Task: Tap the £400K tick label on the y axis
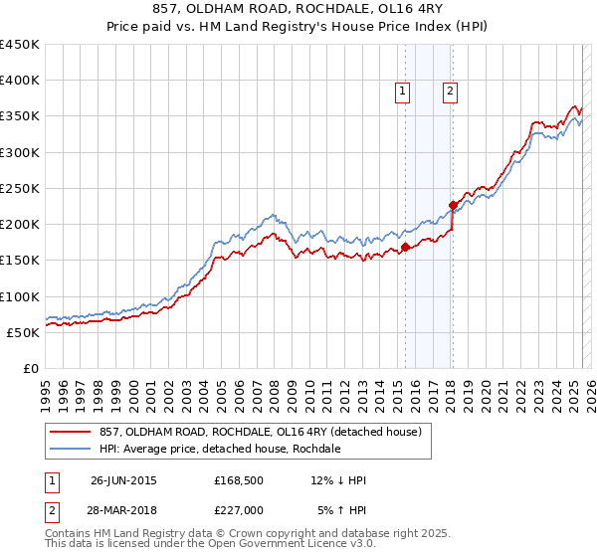(19, 81)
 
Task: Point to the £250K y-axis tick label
(19, 188)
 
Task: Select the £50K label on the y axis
(23, 332)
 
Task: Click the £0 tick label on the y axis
(31, 368)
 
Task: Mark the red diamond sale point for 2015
(405, 248)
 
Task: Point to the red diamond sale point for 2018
(453, 206)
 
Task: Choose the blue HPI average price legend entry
(220, 449)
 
